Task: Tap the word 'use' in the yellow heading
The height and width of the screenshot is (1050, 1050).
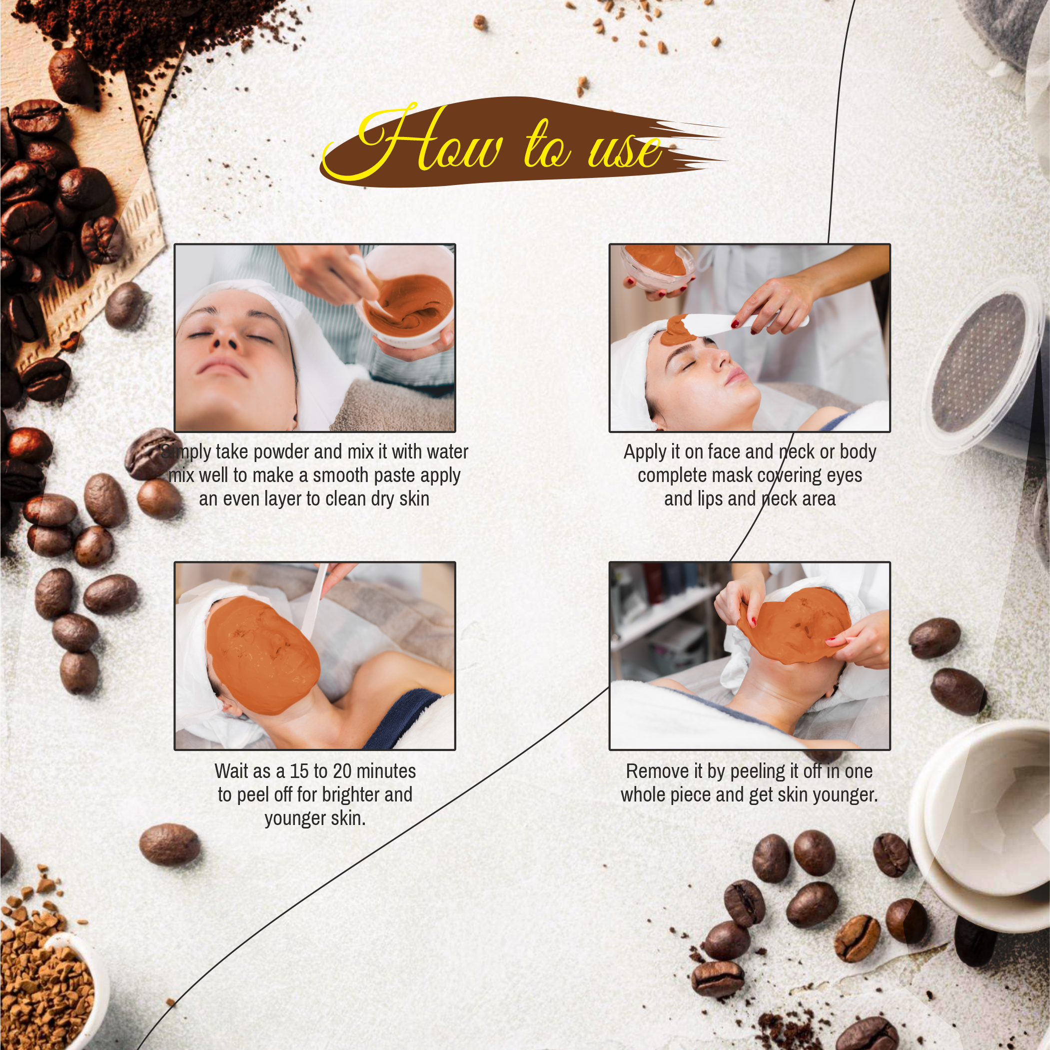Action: (x=625, y=151)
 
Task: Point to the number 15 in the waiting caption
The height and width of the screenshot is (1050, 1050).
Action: (x=299, y=771)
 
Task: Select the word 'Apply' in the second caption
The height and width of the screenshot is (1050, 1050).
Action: (x=645, y=452)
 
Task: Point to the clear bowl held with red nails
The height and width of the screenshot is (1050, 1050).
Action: (x=658, y=266)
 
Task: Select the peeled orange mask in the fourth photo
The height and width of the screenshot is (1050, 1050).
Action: (x=794, y=625)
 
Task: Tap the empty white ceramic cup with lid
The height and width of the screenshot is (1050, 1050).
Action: (x=984, y=821)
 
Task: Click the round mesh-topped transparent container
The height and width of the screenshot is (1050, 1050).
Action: (x=978, y=364)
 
